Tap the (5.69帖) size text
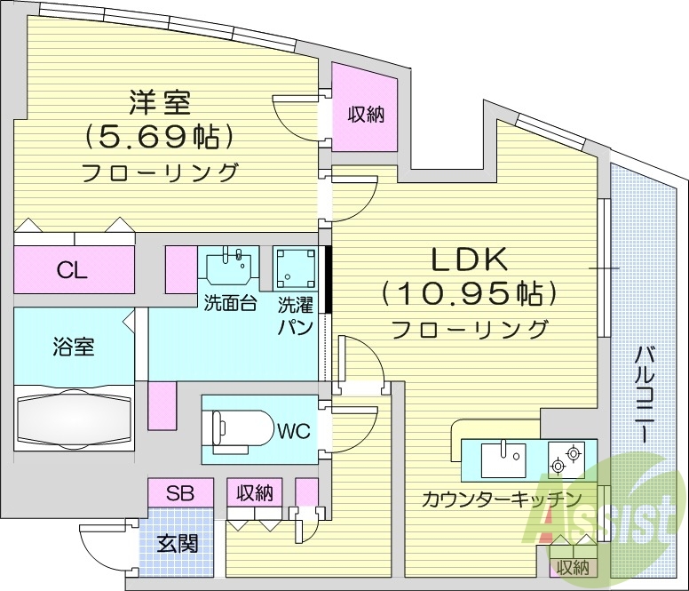tap(160, 137)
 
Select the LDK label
tap(469, 260)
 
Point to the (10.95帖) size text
tap(469, 292)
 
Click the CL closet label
tap(73, 271)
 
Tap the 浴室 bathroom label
tap(73, 347)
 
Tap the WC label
tap(292, 432)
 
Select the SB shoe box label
tap(180, 491)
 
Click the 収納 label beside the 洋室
tap(364, 115)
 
